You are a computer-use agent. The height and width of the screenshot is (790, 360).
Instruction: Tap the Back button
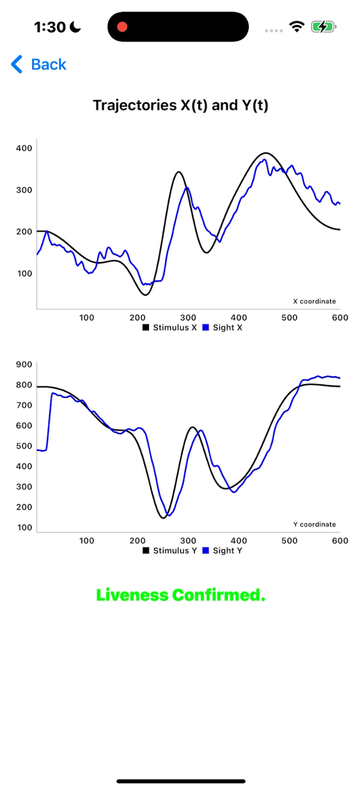point(39,64)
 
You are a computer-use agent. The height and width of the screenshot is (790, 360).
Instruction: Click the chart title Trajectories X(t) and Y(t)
point(180,105)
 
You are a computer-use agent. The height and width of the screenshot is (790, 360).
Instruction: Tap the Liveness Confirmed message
point(180,595)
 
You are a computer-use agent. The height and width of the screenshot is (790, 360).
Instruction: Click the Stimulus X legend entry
point(170,327)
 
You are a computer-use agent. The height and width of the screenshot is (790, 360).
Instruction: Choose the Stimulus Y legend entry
point(170,551)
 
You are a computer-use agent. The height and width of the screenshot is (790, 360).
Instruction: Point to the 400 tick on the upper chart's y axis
point(24,148)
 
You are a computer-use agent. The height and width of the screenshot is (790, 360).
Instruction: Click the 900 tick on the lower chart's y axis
point(24,364)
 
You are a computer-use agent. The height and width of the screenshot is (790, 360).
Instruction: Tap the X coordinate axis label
point(314,301)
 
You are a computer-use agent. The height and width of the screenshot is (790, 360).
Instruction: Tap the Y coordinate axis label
point(314,524)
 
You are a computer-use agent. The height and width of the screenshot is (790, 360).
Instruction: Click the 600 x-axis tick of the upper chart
point(340,317)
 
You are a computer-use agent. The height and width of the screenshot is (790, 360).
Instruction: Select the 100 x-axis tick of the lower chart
point(86,541)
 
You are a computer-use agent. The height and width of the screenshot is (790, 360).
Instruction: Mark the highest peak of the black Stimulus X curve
point(266,153)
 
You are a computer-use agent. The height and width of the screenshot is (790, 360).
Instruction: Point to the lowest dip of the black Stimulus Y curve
point(163,517)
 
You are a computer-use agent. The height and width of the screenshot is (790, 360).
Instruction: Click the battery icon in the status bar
point(323,27)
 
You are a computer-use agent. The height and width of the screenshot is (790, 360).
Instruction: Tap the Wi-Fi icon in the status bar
point(297,27)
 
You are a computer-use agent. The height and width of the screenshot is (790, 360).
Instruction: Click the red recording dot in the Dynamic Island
point(122,27)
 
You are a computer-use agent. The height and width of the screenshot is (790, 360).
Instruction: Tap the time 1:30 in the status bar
point(50,27)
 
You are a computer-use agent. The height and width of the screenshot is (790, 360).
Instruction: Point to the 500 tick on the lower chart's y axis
point(24,446)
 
